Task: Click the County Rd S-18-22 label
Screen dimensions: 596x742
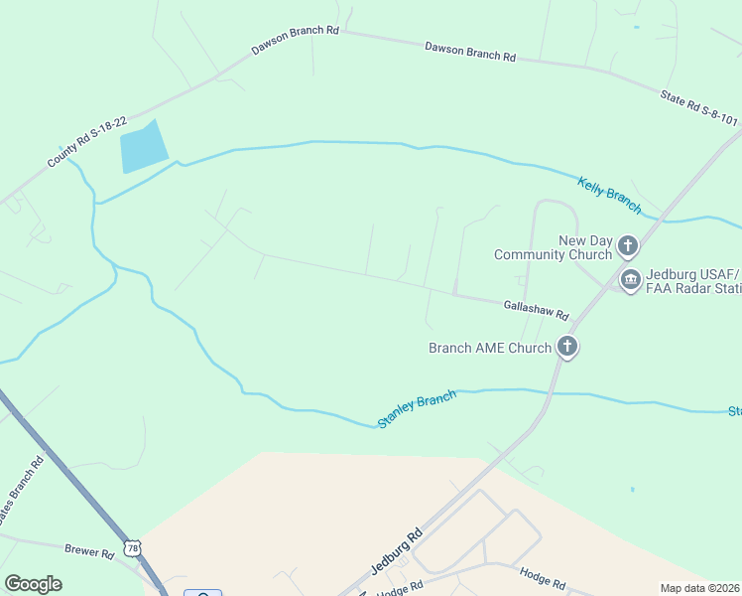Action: (x=87, y=142)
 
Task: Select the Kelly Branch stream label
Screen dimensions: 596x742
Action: (x=609, y=193)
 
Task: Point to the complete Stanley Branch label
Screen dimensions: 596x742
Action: (x=417, y=409)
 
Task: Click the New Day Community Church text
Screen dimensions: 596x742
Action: (x=554, y=247)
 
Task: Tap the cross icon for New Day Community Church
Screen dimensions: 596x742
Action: (x=627, y=245)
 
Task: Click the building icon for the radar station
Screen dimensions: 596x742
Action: (x=630, y=281)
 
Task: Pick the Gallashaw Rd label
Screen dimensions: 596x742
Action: (x=536, y=312)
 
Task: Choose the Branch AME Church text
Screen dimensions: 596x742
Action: (x=489, y=348)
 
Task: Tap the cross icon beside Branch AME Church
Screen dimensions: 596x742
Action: (x=566, y=347)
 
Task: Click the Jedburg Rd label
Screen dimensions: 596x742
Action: (x=396, y=551)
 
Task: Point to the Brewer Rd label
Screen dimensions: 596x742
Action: (x=89, y=552)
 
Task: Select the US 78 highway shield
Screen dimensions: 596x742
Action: (x=133, y=547)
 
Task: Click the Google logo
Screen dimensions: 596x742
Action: (x=33, y=584)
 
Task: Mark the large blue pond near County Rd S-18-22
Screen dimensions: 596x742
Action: (x=142, y=148)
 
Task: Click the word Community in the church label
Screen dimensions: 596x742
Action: (x=533, y=254)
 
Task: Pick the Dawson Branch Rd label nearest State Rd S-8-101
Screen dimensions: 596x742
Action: (x=470, y=52)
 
